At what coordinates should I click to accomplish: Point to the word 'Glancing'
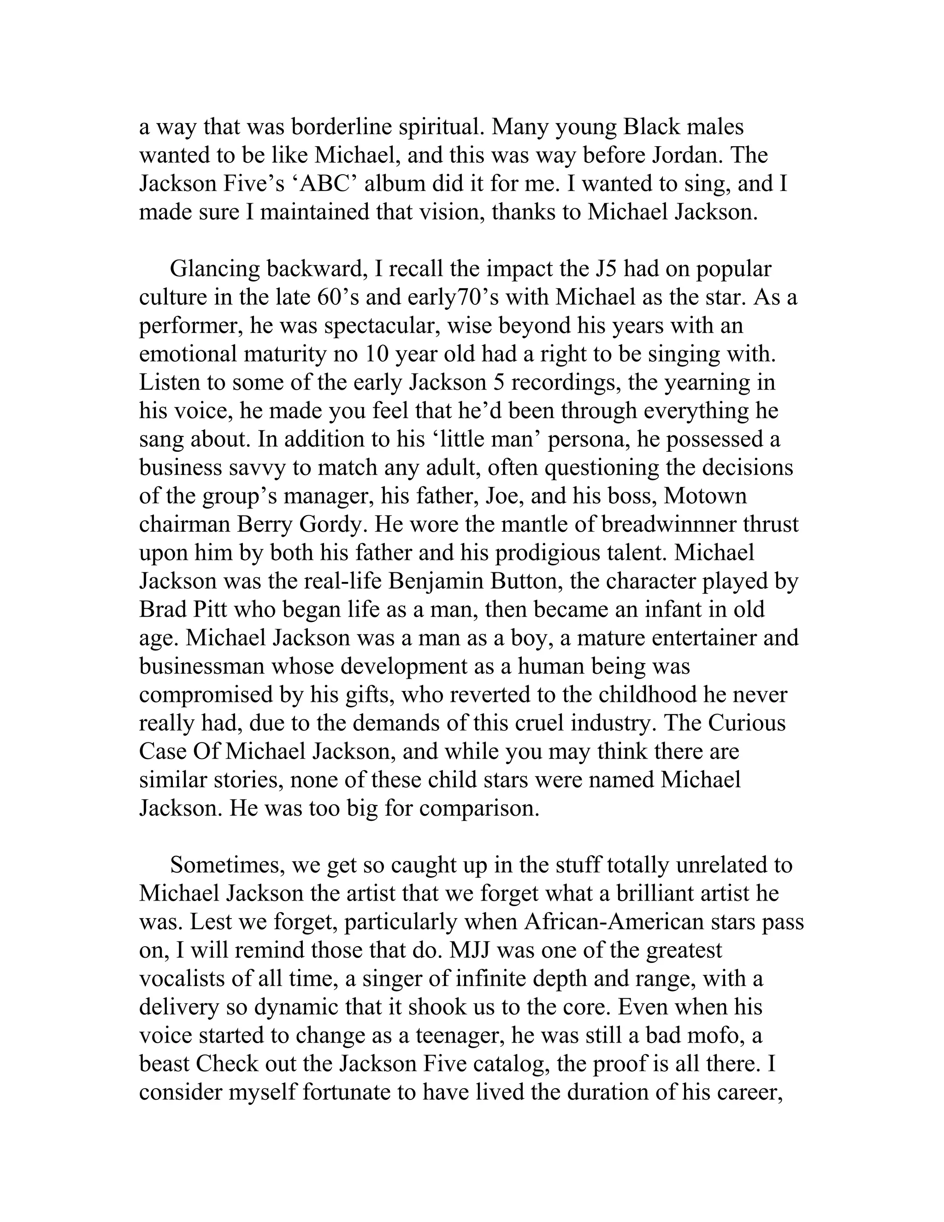pos(215,269)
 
